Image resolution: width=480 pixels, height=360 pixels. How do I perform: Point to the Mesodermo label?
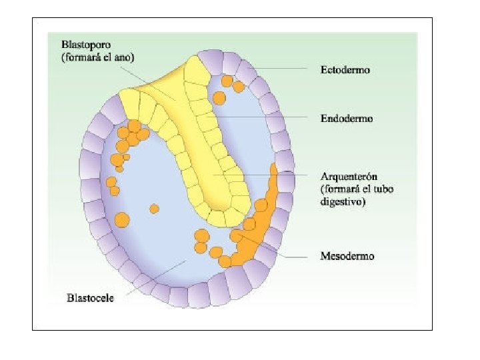347,255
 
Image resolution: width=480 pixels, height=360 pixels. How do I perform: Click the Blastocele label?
91,297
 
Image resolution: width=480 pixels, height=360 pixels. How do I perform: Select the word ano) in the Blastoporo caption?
124,57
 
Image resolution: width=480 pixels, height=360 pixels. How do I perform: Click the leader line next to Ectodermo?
280,69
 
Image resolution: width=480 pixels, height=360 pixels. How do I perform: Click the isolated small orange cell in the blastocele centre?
154,209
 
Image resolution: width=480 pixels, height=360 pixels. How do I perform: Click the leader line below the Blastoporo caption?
147,79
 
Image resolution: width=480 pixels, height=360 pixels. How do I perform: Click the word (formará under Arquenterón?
341,189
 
